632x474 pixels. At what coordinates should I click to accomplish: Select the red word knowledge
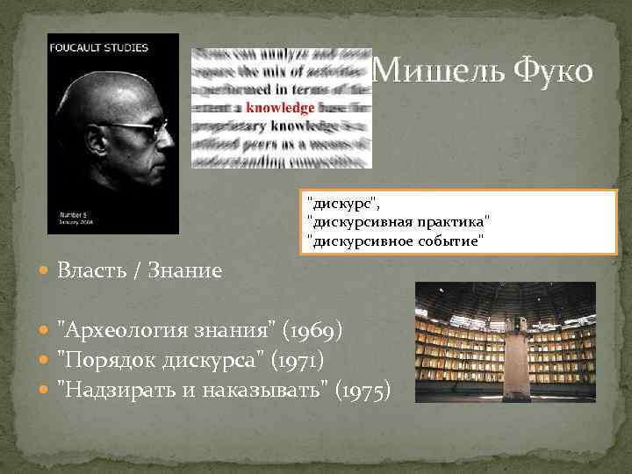click(x=280, y=108)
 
